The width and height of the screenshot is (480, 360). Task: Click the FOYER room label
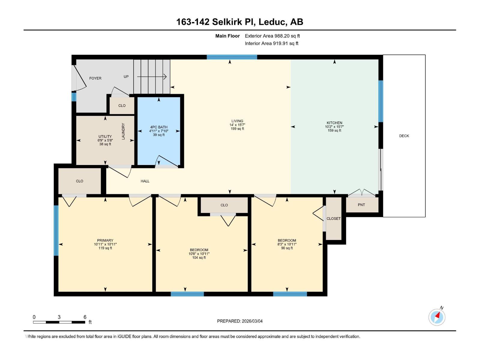tap(95, 78)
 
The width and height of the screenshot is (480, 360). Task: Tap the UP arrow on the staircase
tap(152, 77)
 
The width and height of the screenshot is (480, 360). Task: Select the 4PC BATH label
tap(159, 127)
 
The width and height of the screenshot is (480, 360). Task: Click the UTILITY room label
tap(105, 136)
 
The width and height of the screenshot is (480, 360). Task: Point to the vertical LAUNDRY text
tap(123, 131)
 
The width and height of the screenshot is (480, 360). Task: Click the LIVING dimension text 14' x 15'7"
tap(237, 125)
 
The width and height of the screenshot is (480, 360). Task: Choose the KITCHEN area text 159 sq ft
tap(334, 130)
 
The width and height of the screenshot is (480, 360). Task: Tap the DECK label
tap(404, 136)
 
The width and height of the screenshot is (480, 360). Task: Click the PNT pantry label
tap(361, 205)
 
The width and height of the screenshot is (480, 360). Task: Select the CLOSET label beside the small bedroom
tap(334, 219)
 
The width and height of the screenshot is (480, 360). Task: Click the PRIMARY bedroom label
tap(105, 240)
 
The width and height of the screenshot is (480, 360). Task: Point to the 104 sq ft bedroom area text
tap(199, 258)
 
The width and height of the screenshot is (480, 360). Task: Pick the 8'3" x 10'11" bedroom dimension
tap(287, 244)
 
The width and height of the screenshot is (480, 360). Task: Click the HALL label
tap(145, 181)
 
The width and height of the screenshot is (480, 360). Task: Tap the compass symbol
tap(437, 317)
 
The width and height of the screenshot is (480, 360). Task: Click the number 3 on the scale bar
tap(59, 317)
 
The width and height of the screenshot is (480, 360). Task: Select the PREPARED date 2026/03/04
tap(252, 321)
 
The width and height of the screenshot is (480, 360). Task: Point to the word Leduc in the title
tap(273, 22)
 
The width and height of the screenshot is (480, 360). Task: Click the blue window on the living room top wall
tap(232, 57)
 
